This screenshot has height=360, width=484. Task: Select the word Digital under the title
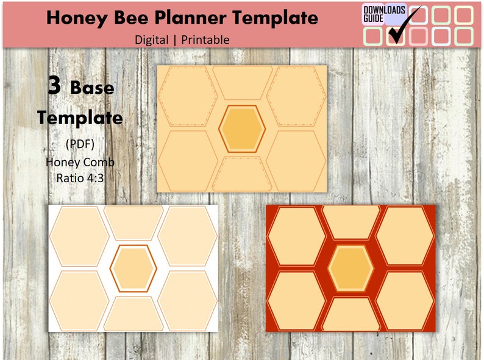[152, 40]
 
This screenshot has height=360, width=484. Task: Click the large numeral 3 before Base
[55, 86]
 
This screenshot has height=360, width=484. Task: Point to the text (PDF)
[80, 144]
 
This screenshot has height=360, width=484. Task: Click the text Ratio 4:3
[80, 178]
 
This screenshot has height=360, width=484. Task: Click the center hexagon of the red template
[351, 268]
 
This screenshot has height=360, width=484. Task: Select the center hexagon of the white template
[133, 268]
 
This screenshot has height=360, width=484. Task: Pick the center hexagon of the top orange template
[242, 128]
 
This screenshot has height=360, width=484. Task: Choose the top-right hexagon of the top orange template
[297, 96]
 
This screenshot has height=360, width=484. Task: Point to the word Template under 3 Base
[80, 117]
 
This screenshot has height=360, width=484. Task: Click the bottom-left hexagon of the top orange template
[187, 160]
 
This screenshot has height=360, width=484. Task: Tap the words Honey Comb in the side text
[80, 163]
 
